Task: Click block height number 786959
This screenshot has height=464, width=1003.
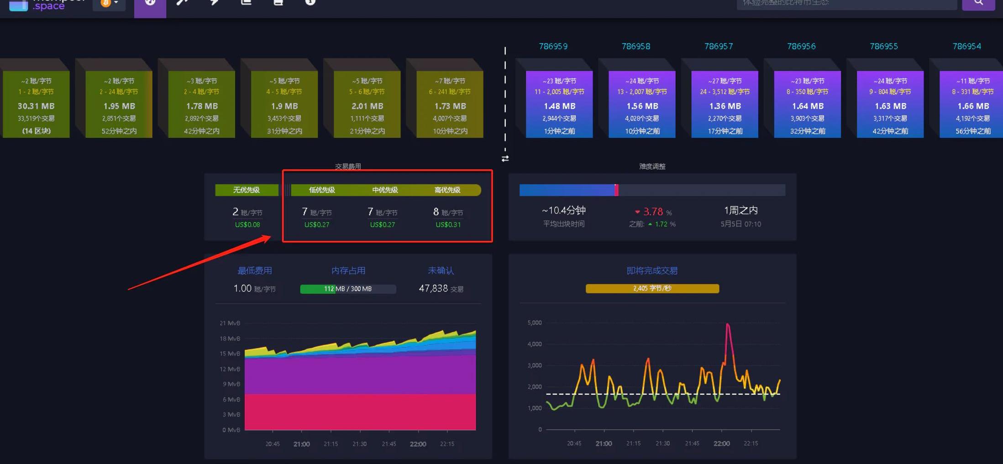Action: coord(553,46)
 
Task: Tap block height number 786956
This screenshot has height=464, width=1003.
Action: coord(801,46)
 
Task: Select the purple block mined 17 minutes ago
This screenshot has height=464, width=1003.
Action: coord(725,104)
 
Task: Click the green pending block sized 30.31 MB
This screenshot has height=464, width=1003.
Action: coord(36,104)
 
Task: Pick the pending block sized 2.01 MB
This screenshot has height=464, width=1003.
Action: coord(367,104)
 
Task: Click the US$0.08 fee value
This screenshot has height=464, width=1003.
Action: coord(247,224)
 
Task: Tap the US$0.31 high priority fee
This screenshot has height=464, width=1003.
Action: coord(448,224)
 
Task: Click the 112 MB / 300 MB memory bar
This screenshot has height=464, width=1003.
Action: coord(348,289)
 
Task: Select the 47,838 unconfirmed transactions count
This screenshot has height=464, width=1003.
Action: coord(434,288)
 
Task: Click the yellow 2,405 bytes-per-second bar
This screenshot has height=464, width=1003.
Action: coord(652,288)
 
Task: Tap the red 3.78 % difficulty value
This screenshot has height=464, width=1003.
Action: coord(653,212)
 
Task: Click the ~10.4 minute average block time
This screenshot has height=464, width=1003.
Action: coord(564,210)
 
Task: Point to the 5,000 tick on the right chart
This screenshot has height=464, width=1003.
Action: coord(534,323)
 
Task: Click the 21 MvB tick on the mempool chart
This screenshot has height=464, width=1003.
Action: coord(230,323)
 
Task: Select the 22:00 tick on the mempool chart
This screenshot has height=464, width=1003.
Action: coord(418,444)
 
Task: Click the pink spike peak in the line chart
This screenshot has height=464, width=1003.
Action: coord(727,325)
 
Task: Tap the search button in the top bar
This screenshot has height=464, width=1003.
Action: coord(978,3)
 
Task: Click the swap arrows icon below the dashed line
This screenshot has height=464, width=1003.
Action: coord(505,159)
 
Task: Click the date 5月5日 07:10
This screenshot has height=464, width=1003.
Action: coord(740,224)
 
